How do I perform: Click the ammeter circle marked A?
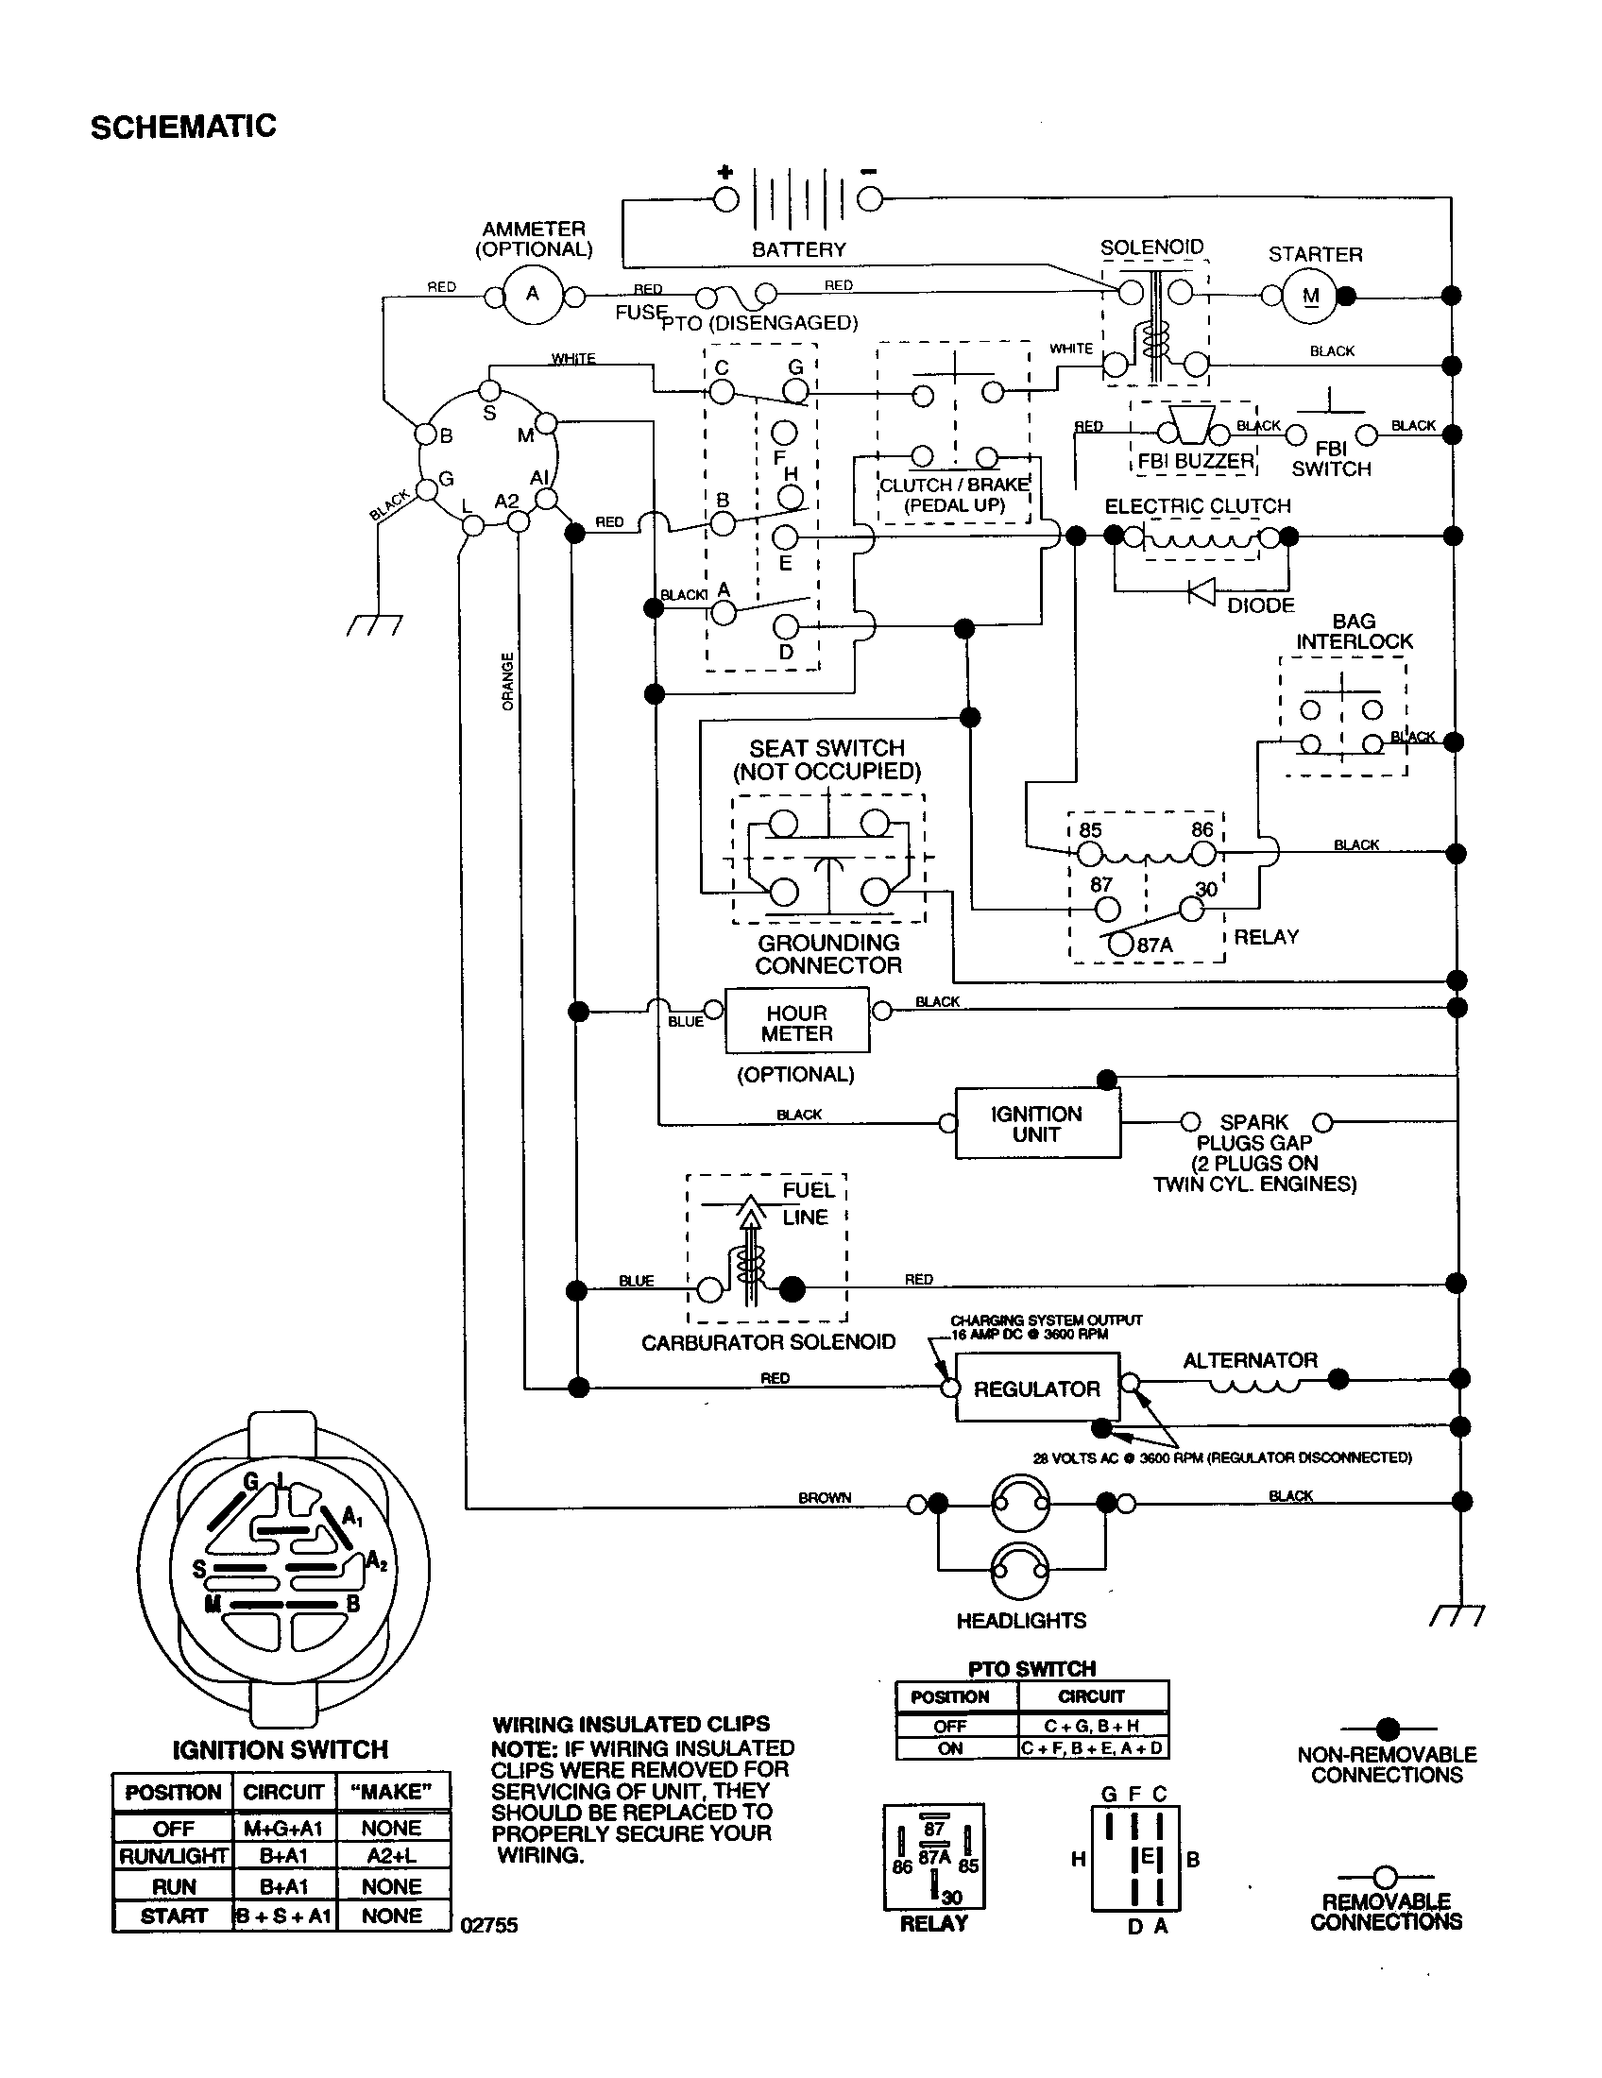coord(532,294)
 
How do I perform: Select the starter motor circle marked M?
coord(1310,296)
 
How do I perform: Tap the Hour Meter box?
coord(797,1023)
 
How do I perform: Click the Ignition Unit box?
coord(1037,1124)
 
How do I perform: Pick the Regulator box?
coord(1036,1389)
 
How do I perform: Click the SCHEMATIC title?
coord(182,127)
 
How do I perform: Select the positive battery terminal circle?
coord(725,199)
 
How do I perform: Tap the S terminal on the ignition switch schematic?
coord(489,390)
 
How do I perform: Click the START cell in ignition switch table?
coord(173,1916)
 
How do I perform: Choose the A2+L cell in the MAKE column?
coord(391,1855)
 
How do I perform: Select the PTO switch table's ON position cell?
coord(951,1748)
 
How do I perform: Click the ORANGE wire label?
coord(507,680)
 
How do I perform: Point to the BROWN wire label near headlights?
coord(824,1498)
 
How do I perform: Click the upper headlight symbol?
coord(1020,1504)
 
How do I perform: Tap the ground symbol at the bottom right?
coord(1457,1615)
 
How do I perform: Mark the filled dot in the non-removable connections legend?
coord(1388,1728)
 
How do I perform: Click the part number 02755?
coord(489,1925)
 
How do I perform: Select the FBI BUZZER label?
coord(1196,461)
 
